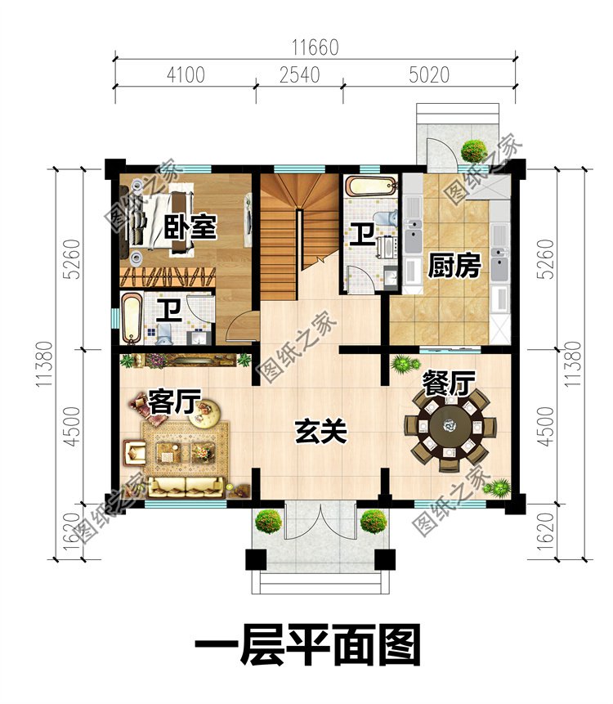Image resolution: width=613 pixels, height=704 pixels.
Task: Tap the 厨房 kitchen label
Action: click(454, 267)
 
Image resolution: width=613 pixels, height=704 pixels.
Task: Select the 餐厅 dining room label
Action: click(446, 383)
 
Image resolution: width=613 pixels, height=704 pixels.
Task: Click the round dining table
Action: click(448, 426)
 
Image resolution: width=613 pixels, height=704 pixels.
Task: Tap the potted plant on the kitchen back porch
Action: click(472, 150)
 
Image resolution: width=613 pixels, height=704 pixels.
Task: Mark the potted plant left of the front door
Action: click(267, 520)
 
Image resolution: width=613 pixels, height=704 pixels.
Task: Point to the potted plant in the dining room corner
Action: click(496, 488)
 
